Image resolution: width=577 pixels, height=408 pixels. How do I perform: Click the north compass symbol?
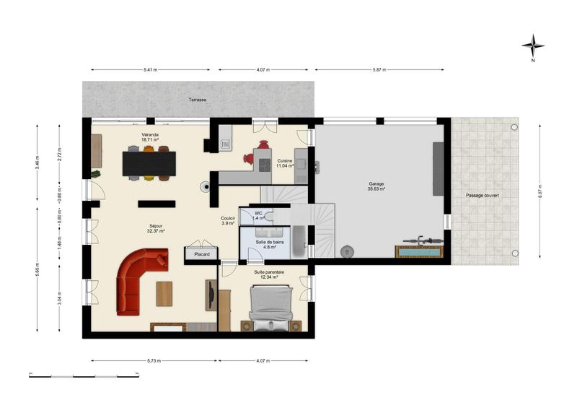532,46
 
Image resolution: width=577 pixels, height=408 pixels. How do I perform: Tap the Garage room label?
376,186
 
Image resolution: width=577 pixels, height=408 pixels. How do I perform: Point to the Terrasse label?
197,99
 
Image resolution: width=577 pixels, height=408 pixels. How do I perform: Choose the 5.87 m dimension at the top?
379,70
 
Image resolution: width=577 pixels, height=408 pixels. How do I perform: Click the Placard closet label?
201,254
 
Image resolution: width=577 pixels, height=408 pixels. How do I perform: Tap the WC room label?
258,214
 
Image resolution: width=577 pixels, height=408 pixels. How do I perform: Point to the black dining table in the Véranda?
149,163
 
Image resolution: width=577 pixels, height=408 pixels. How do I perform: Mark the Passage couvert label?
482,195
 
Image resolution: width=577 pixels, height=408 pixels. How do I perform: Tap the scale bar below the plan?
84,376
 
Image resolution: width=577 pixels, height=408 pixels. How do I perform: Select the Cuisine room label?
284,163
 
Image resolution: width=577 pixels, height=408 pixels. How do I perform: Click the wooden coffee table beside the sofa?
165,292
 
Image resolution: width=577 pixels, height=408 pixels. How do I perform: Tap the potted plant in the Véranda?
95,173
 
